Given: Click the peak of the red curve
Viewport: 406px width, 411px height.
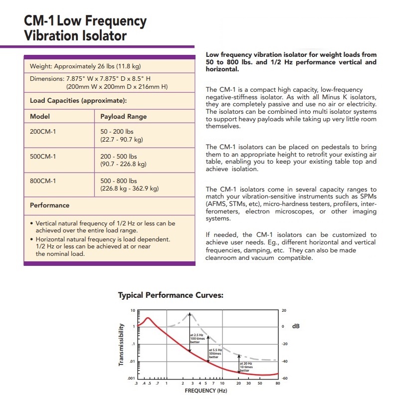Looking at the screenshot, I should pyautogui.click(x=148, y=317).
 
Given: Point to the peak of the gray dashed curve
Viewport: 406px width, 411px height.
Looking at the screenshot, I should pyautogui.click(x=190, y=313).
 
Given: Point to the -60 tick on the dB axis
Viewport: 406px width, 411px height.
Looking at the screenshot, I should pyautogui.click(x=284, y=379).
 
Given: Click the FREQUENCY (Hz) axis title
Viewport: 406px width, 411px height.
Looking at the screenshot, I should pyautogui.click(x=205, y=391).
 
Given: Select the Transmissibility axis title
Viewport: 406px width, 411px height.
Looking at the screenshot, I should pyautogui.click(x=121, y=345).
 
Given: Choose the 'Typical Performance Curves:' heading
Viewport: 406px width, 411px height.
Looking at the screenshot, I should pyautogui.click(x=170, y=295).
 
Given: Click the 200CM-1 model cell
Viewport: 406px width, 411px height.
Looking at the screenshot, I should pyautogui.click(x=43, y=132).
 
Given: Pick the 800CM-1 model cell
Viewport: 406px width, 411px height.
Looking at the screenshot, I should pyautogui.click(x=43, y=181).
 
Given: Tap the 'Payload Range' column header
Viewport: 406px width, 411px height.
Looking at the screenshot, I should pyautogui.click(x=124, y=116).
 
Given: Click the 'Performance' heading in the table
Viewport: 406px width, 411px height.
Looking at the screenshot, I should pyautogui.click(x=50, y=205).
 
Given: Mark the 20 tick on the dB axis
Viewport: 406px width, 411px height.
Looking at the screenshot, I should pyautogui.click(x=284, y=310).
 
